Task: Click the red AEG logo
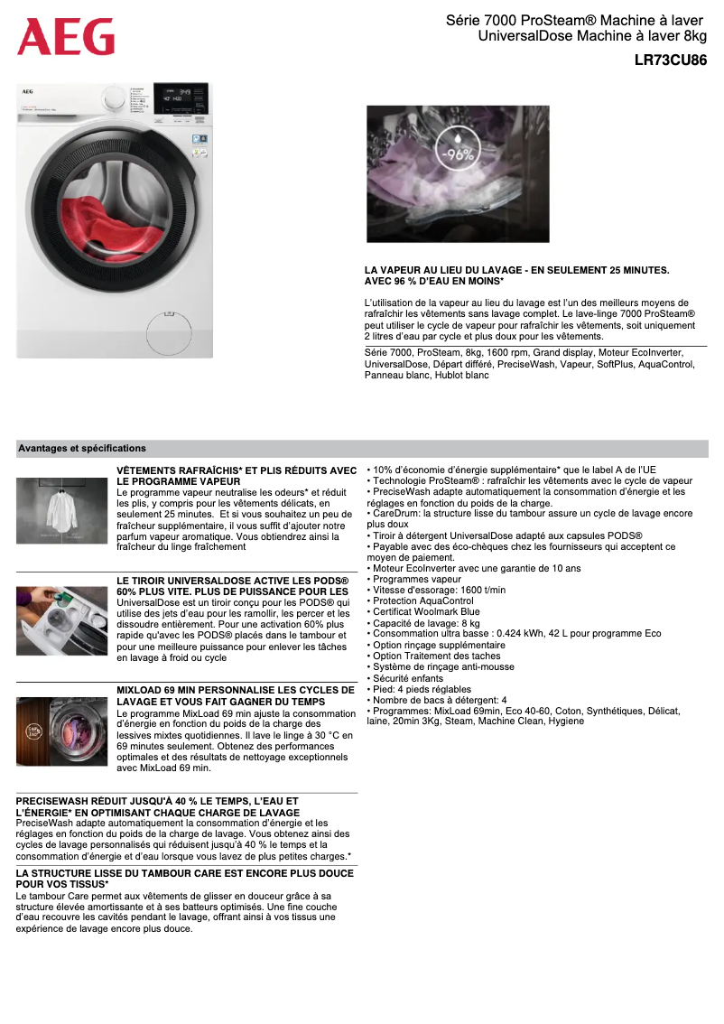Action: tap(66, 36)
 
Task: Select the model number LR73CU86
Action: tap(670, 61)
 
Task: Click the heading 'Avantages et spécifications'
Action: tap(81, 448)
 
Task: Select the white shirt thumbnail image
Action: tap(61, 510)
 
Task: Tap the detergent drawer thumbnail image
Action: tap(61, 620)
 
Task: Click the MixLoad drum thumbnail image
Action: tap(61, 731)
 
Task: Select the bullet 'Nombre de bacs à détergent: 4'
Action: tap(439, 700)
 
